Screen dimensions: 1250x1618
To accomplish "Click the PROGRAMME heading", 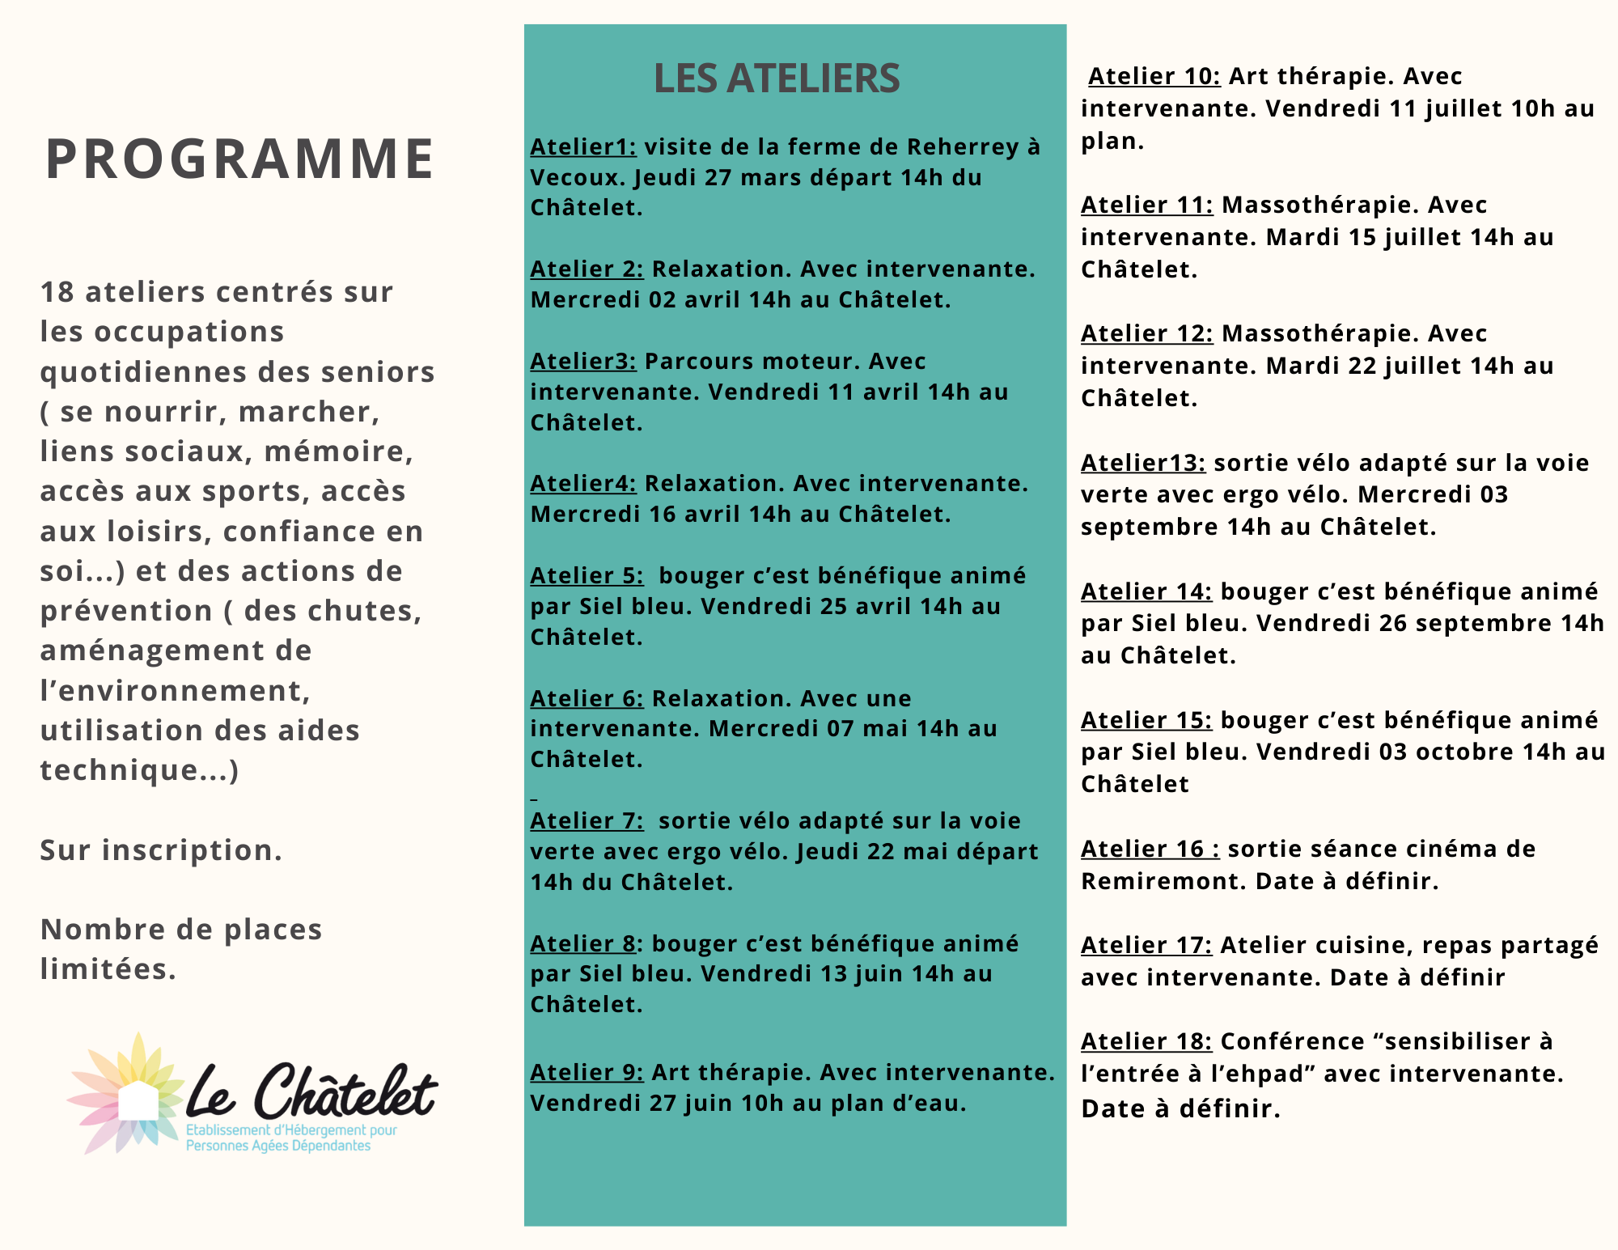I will pyautogui.click(x=239, y=159).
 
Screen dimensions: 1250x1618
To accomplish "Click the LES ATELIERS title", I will pyautogui.click(x=776, y=78).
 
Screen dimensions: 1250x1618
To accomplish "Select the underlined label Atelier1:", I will pyautogui.click(x=582, y=146).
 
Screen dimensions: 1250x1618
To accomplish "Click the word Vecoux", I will pyautogui.click(x=578, y=177).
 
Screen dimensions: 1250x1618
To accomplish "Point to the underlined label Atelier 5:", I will pyautogui.click(x=587, y=575).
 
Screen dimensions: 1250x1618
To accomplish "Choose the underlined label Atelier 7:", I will pyautogui.click(x=587, y=820).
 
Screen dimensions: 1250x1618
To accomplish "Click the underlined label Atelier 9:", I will pyautogui.click(x=587, y=1072).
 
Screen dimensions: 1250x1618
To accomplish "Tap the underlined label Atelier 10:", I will pyautogui.click(x=1154, y=76).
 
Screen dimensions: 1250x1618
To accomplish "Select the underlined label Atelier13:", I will pyautogui.click(x=1142, y=463).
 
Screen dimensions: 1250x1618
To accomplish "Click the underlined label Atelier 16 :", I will pyautogui.click(x=1150, y=849).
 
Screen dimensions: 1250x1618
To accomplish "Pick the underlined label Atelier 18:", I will pyautogui.click(x=1146, y=1041).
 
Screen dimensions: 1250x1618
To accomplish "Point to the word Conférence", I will pyautogui.click(x=1290, y=1041).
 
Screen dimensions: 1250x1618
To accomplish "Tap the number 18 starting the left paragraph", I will pyautogui.click(x=57, y=292).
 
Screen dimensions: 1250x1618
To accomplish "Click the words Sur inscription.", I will pyautogui.click(x=161, y=850).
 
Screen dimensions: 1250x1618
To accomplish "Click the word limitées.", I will pyautogui.click(x=108, y=969).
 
